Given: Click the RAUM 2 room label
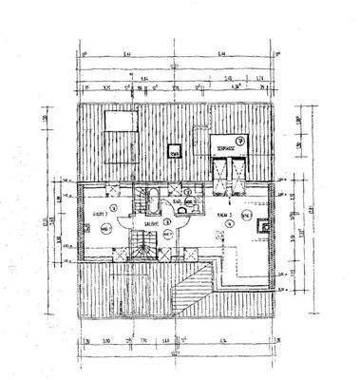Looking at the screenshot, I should point(225,216).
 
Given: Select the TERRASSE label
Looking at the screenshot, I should point(224,150).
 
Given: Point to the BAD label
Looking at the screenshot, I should point(178,203).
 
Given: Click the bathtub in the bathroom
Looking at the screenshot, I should point(151,201).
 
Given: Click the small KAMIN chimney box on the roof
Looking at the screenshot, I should point(175,151).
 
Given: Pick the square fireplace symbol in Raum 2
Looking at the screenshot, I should point(245,215).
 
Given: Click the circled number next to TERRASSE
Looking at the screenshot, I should point(239,141).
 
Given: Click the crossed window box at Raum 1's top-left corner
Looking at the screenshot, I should point(82,188).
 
